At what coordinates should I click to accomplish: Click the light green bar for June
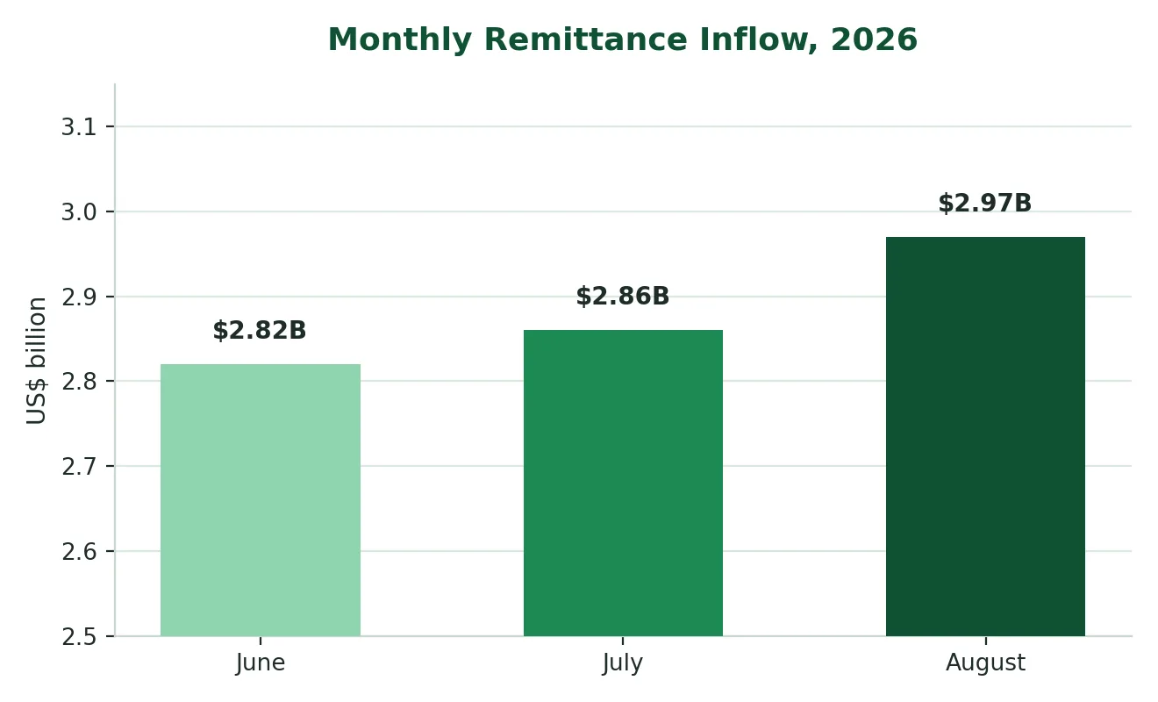pos(261,500)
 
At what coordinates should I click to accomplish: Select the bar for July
pos(623,483)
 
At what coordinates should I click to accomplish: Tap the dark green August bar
pos(985,436)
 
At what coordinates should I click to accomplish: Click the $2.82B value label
pos(260,330)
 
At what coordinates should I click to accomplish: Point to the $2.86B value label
pos(623,297)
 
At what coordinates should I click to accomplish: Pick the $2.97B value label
pos(985,204)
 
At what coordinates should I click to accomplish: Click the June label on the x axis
pos(260,663)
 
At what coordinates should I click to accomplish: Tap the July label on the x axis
pos(623,663)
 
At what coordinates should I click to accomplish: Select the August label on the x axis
pos(985,663)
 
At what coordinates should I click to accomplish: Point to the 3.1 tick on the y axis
pos(79,126)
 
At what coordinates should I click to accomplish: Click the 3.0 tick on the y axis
pos(79,212)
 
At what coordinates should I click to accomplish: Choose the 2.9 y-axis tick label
pos(79,297)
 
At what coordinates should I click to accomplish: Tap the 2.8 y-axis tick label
pos(79,382)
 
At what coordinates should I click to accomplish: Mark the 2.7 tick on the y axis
pos(79,467)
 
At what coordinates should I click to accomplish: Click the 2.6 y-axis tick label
pos(79,552)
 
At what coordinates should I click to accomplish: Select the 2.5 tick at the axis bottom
pos(79,637)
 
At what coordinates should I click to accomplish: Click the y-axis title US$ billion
pos(36,361)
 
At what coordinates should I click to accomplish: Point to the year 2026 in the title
pos(874,39)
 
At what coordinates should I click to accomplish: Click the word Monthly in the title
pos(400,40)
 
